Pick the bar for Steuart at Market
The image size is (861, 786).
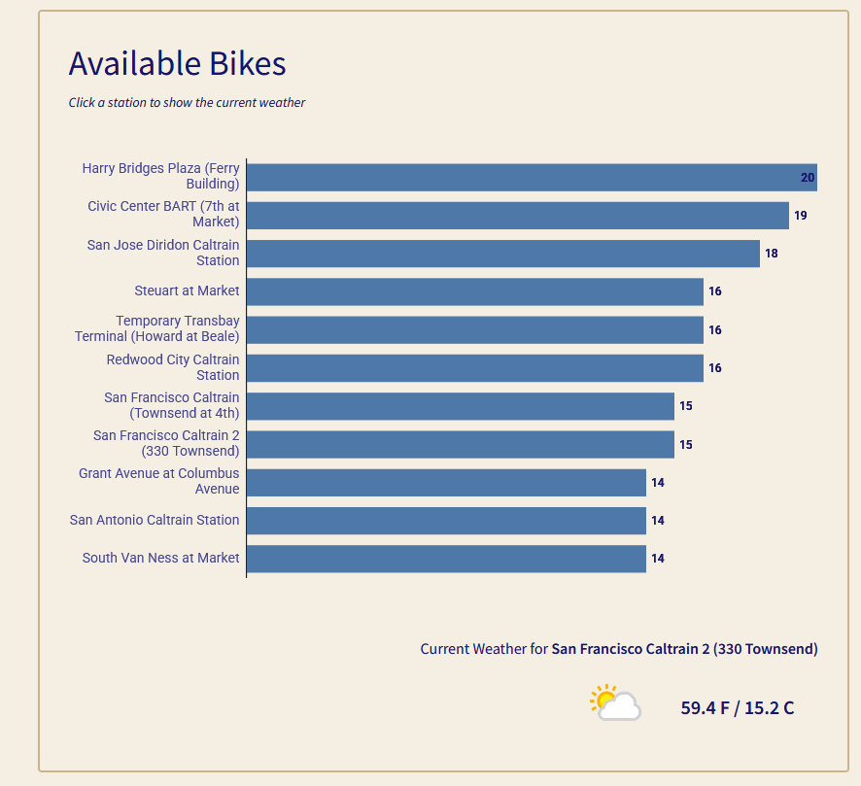point(474,291)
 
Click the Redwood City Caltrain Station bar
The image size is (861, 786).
point(474,368)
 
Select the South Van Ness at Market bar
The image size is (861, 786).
point(446,559)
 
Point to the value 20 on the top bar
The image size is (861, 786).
point(807,178)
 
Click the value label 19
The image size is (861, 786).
point(800,216)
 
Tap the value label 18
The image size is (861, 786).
point(772,254)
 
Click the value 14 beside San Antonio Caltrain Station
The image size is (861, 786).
point(658,521)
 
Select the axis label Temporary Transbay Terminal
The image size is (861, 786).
point(157,328)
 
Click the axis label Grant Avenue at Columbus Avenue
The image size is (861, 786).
point(159,481)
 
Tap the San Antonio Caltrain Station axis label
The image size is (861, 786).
point(155,520)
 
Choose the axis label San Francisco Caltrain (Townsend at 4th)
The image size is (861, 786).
point(172,405)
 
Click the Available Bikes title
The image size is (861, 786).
point(177,63)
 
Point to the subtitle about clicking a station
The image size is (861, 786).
point(187,102)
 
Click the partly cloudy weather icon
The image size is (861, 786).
point(615,702)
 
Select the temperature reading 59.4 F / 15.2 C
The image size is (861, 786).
point(737,707)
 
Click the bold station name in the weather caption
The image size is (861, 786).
point(684,649)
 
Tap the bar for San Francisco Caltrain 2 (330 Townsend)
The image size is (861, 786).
point(460,444)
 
